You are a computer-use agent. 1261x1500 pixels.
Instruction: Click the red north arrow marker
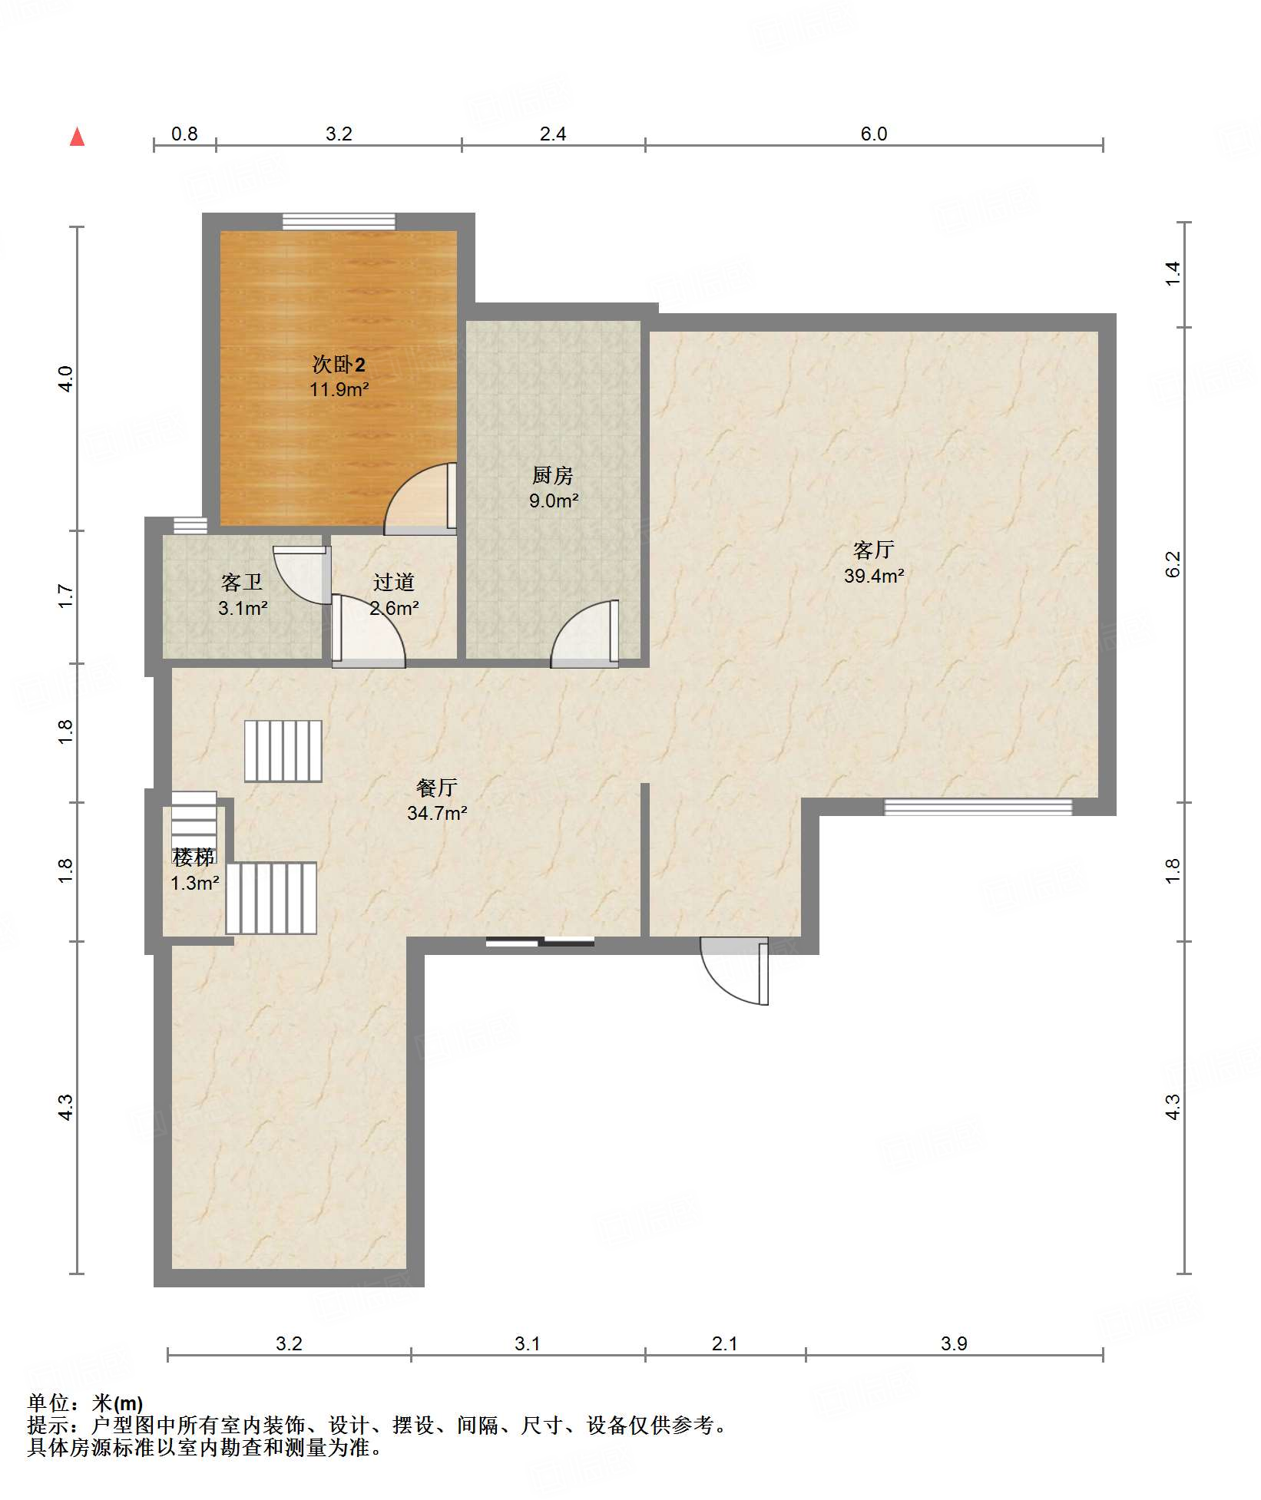click(77, 137)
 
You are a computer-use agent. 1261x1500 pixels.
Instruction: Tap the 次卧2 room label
click(339, 364)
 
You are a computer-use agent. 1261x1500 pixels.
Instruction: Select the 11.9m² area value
click(339, 389)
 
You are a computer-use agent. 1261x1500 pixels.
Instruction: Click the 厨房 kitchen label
click(553, 475)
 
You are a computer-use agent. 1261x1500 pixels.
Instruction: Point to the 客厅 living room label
click(874, 550)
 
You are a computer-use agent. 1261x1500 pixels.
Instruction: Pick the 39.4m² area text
click(874, 576)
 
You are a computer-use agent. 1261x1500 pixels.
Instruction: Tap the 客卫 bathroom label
click(242, 583)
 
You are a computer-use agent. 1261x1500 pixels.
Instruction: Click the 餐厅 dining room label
click(437, 787)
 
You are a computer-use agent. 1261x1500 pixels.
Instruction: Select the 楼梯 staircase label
click(194, 857)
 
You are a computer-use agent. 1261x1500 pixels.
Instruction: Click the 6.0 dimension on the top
click(874, 134)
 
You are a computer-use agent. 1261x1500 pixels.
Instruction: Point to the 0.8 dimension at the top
click(184, 134)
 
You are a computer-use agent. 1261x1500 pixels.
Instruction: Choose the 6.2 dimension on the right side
click(1173, 564)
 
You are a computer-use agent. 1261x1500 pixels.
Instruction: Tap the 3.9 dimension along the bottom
click(954, 1343)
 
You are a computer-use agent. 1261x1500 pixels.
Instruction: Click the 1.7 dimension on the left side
click(66, 596)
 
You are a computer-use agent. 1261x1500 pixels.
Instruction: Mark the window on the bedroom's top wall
click(339, 222)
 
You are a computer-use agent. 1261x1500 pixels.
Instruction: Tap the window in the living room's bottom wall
click(978, 807)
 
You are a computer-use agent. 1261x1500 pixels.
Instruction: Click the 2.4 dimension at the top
click(553, 134)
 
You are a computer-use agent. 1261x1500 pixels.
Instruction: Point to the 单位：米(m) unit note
click(85, 1403)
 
